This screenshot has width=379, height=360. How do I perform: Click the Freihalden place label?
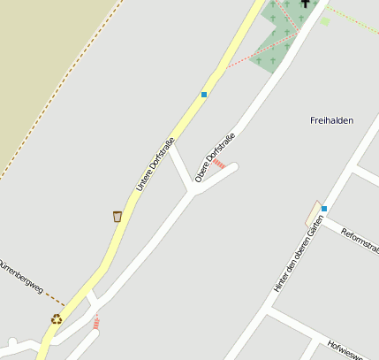pos(332,120)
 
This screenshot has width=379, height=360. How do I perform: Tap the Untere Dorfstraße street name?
pos(155,165)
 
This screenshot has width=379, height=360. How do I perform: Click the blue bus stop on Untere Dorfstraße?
pos(204,94)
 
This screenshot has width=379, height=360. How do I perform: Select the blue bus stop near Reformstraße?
pos(324,209)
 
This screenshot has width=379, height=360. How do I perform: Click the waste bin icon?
pos(117,216)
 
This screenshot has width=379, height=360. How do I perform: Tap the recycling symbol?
pos(57,318)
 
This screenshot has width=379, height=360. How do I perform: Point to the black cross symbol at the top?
pos(306,4)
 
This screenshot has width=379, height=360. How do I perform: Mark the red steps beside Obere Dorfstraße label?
pos(218,164)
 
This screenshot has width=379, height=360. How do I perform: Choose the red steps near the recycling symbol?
pos(95,323)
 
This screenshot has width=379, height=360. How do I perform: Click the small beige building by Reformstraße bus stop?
pos(312,213)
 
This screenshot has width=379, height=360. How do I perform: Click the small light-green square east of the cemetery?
pos(325,21)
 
